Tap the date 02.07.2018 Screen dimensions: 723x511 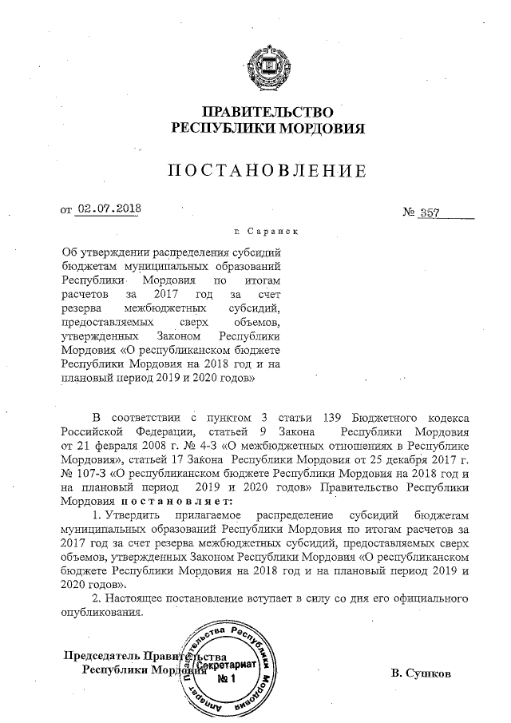(108, 210)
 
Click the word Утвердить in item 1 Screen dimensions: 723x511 (137, 516)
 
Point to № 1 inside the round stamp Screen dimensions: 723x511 (228, 679)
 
